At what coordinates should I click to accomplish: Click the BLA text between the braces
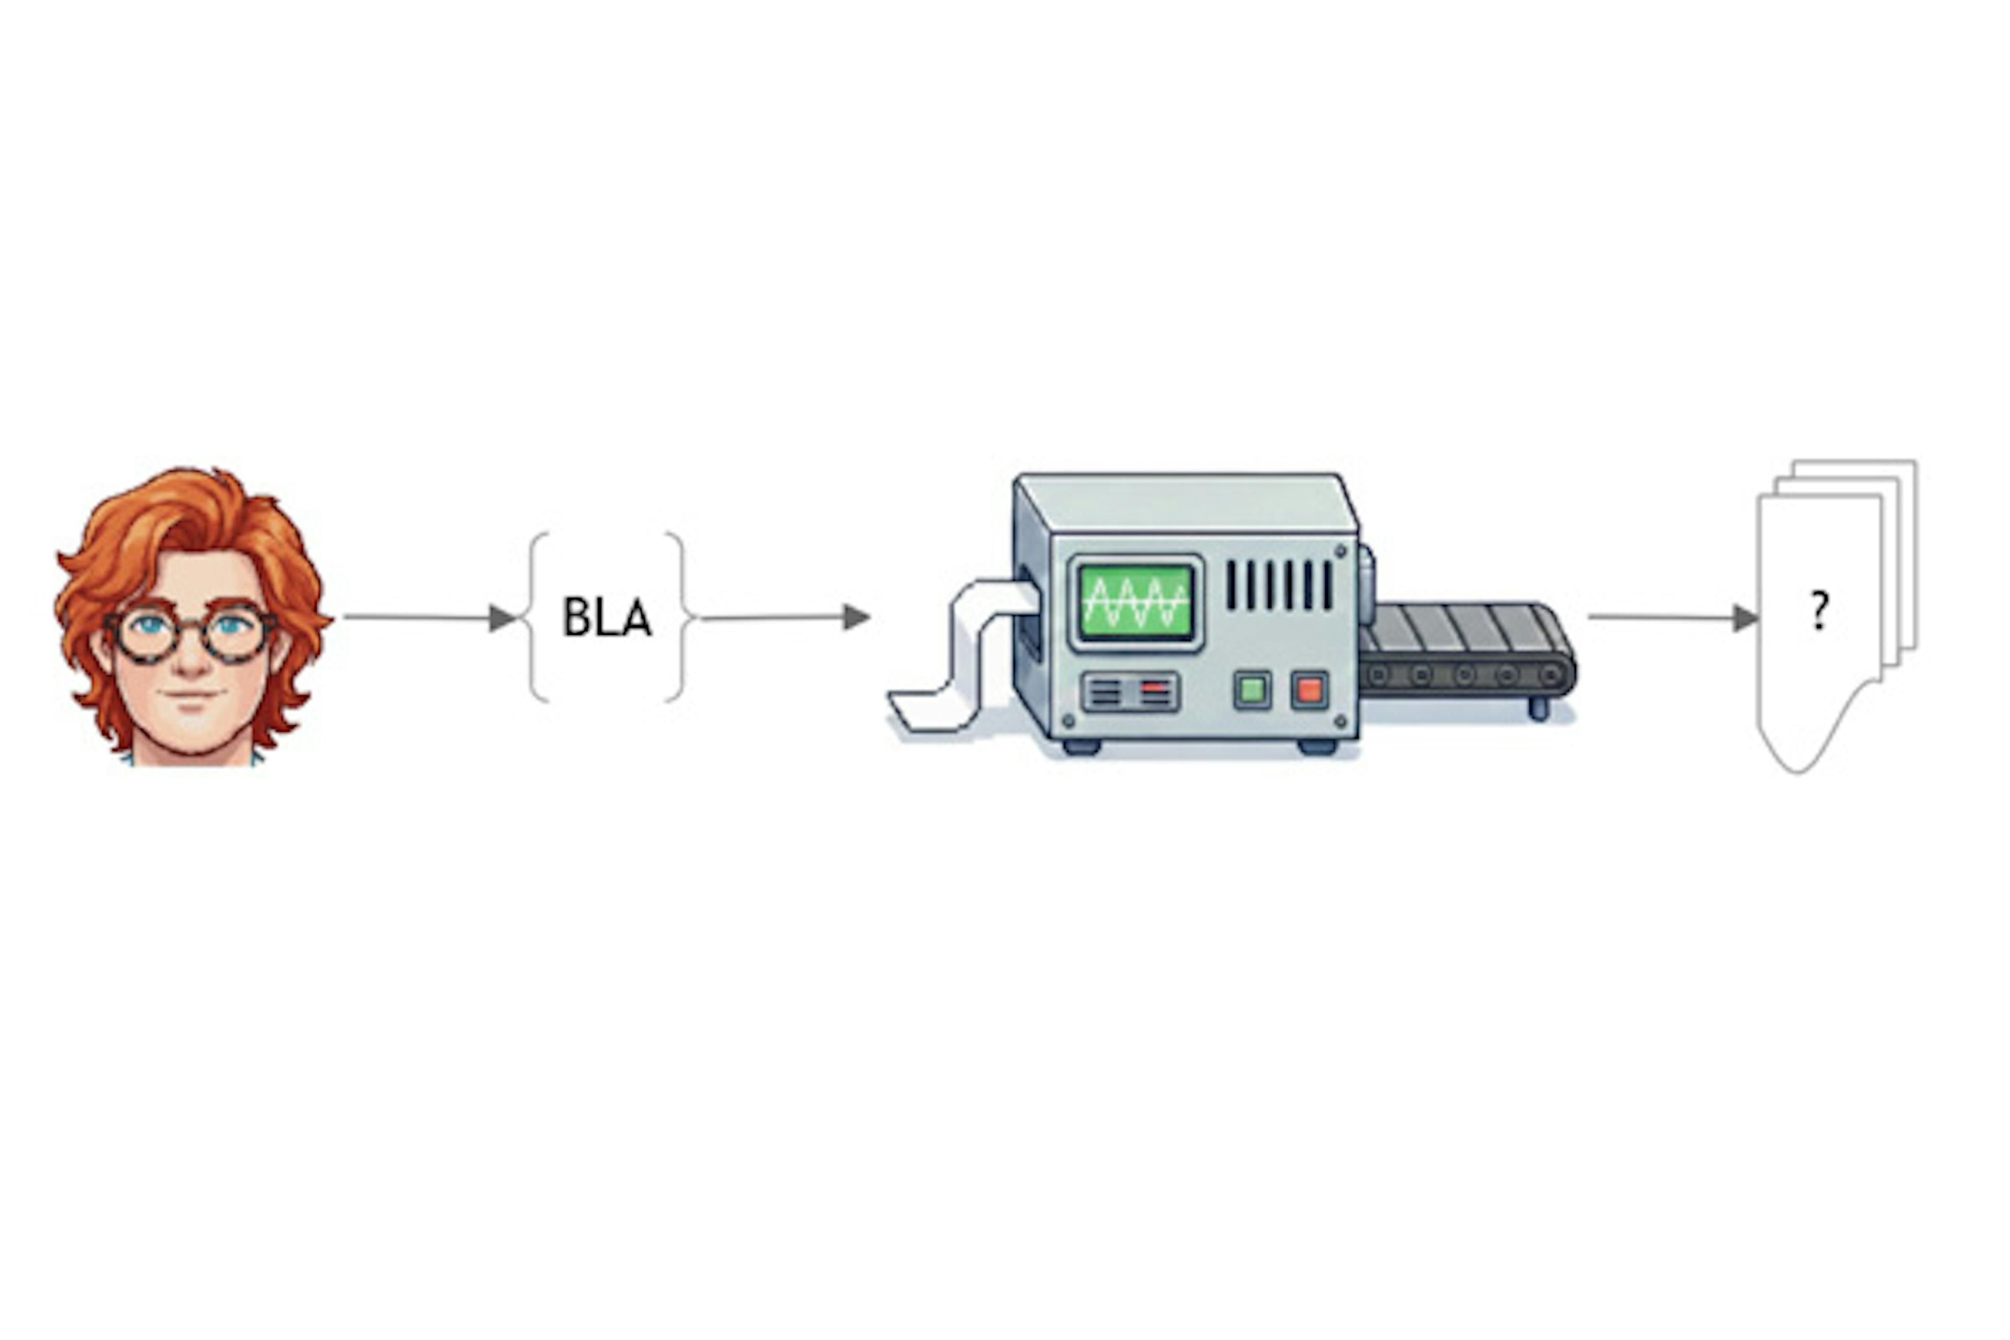[606, 617]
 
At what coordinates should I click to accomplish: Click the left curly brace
[537, 617]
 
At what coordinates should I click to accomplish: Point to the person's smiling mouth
[192, 694]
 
